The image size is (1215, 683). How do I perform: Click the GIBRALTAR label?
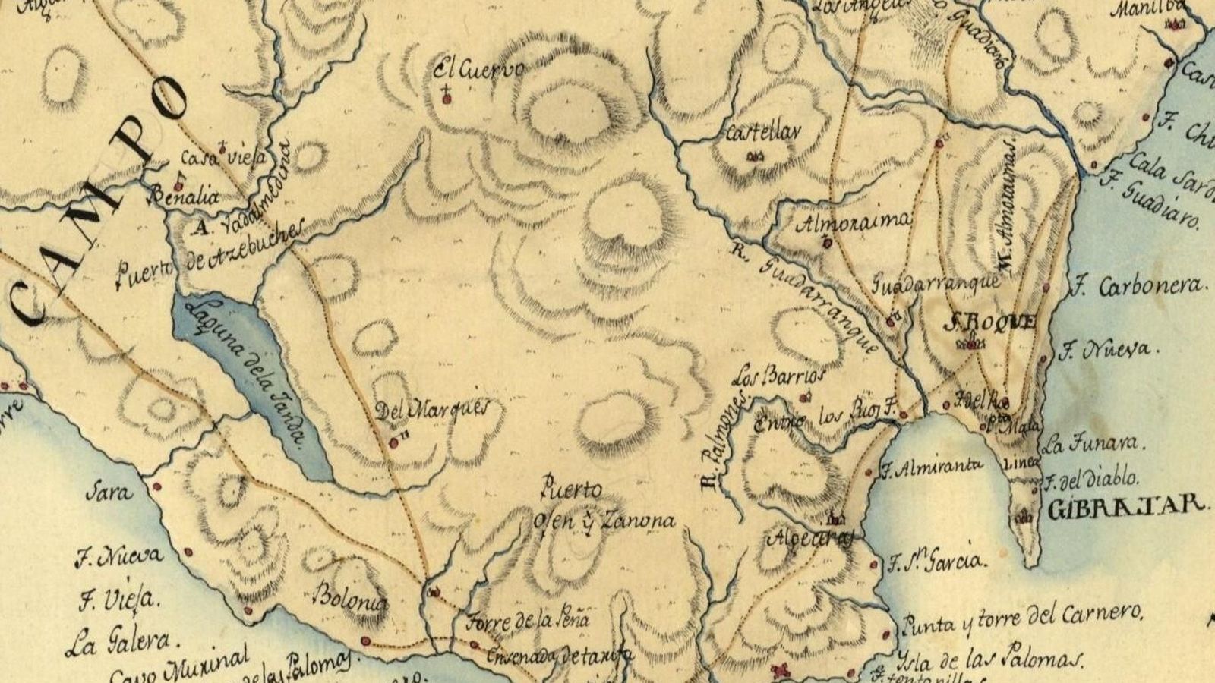[x=1126, y=507]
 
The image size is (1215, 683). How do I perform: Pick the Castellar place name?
[x=762, y=134]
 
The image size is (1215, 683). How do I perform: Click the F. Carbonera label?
[x=1136, y=287]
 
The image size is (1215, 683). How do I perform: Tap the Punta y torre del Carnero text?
[x=1021, y=620]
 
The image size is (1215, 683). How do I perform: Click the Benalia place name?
[x=185, y=197]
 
